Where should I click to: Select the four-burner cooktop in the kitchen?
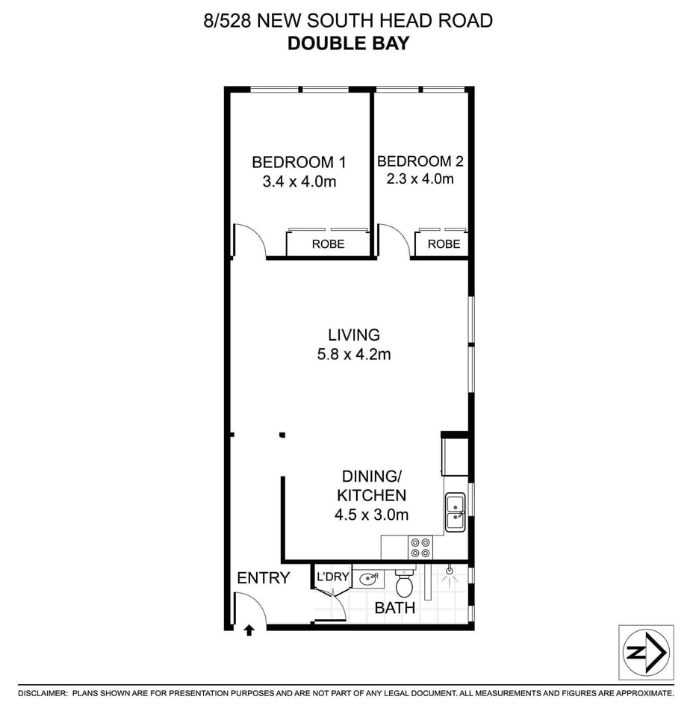click(420, 548)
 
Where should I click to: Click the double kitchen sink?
click(455, 512)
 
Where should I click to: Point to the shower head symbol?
click(448, 572)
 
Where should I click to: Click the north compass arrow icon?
click(647, 652)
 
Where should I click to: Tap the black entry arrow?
click(249, 631)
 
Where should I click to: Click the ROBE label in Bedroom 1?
click(328, 244)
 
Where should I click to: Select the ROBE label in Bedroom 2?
click(444, 244)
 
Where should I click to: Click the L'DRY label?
click(332, 577)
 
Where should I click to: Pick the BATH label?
click(395, 608)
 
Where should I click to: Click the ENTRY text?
click(263, 577)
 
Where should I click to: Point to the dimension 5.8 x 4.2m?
click(354, 355)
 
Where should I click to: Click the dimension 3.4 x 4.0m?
click(299, 181)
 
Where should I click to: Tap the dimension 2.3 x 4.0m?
click(420, 179)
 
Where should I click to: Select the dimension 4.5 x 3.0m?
click(372, 514)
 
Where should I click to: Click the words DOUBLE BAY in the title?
click(348, 43)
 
